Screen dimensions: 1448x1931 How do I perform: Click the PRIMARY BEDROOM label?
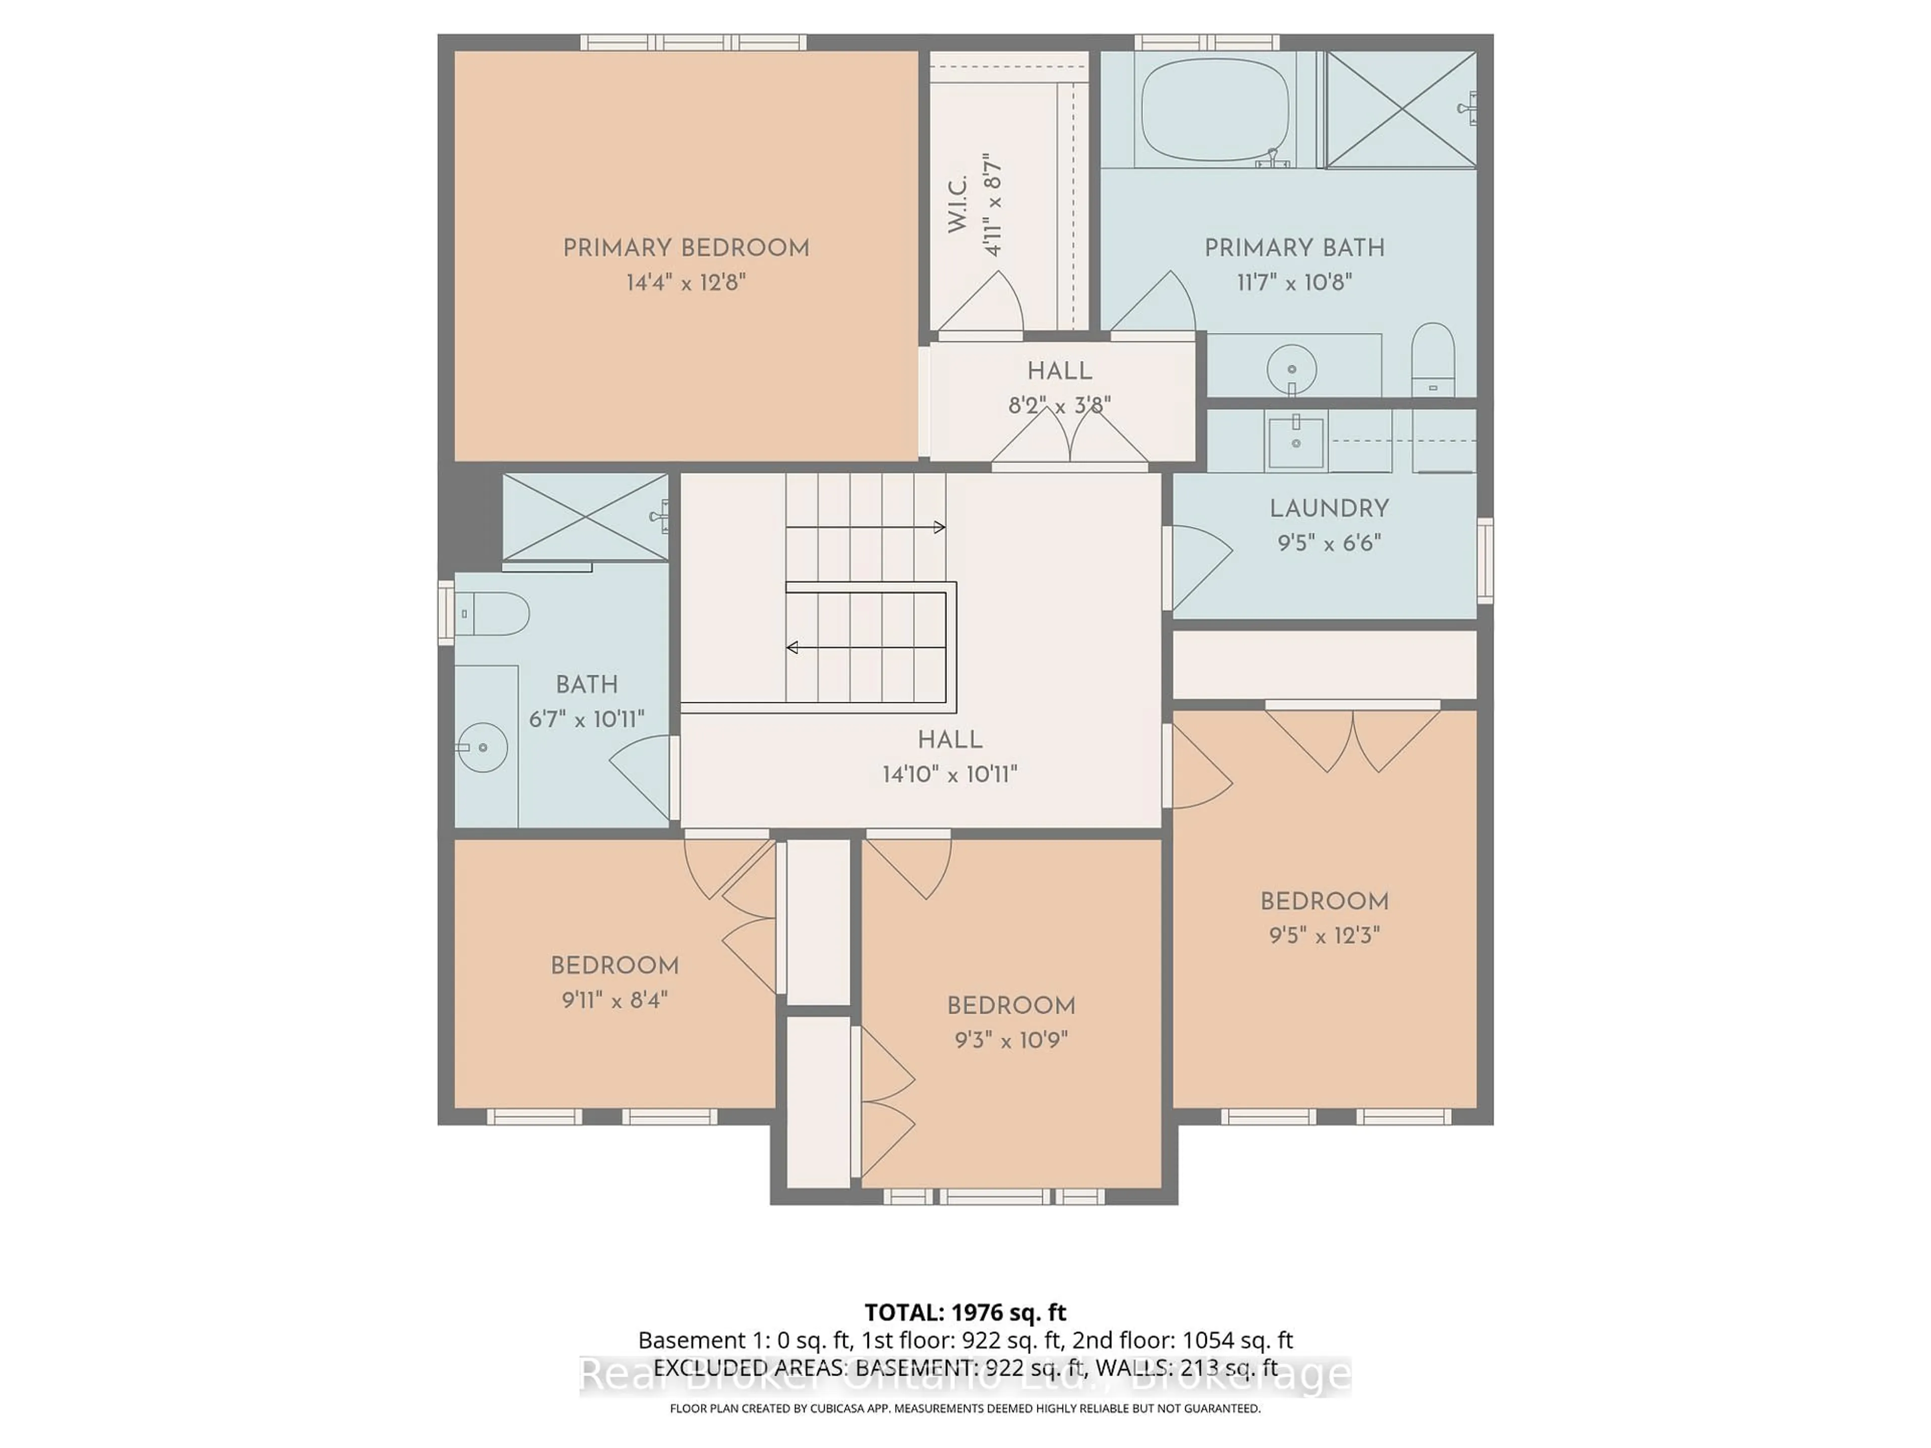685,248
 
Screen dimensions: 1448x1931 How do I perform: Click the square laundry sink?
1295,441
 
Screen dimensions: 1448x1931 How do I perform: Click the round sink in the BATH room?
483,747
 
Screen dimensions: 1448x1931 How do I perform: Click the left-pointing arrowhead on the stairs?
793,648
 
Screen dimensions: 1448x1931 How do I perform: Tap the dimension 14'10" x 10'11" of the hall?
950,774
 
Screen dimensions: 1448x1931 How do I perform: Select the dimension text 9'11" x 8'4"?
615,1000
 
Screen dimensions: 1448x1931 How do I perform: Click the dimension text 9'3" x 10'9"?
1011,1040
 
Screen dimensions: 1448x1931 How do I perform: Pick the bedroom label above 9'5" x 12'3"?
1324,901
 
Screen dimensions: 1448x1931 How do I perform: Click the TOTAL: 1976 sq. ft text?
964,1312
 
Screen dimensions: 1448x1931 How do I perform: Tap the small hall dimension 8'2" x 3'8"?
1059,406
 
